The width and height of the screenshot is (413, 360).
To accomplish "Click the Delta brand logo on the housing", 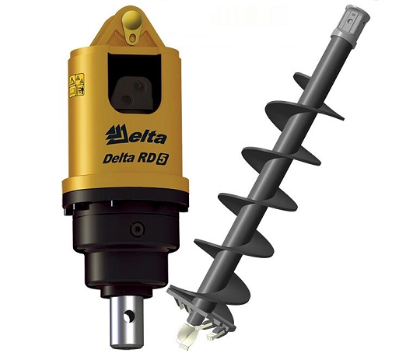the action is [136, 135].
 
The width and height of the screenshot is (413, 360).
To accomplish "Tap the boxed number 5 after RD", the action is [162, 159].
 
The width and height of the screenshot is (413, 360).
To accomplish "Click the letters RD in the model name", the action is [145, 159].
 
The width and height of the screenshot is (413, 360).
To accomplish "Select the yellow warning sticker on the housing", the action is [77, 85].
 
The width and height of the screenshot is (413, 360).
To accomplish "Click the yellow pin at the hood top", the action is [132, 20].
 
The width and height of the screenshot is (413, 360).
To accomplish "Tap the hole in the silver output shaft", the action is [129, 316].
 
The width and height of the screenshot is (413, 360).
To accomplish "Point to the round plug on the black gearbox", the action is [138, 229].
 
